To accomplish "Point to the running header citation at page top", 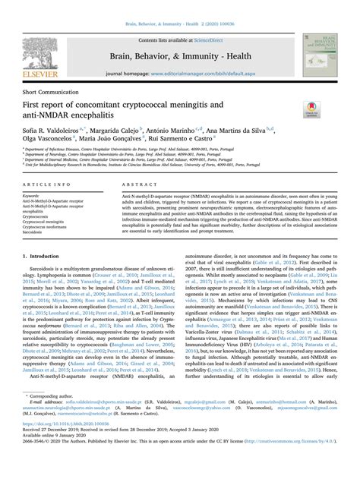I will point(179,6).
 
